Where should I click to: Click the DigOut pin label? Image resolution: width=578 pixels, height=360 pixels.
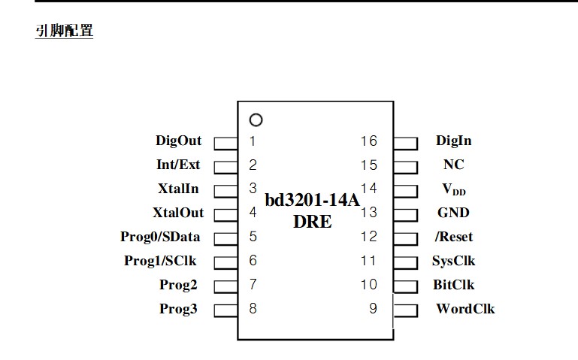(178, 141)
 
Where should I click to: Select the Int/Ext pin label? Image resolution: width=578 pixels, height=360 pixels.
(178, 165)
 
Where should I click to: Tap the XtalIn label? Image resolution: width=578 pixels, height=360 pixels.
(178, 189)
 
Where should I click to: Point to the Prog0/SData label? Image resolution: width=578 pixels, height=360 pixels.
(160, 237)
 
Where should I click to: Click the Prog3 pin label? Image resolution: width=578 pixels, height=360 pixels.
(178, 309)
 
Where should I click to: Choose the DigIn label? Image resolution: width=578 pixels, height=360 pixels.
(453, 141)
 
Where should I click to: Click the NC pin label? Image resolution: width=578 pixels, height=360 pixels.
(454, 165)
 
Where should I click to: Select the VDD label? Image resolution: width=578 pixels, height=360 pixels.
(454, 189)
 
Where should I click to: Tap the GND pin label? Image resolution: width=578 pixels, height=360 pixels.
(453, 213)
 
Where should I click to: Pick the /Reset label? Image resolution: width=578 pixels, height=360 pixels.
(454, 237)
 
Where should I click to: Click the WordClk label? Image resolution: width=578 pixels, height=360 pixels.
(465, 309)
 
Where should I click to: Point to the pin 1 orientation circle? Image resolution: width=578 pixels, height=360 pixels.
(256, 115)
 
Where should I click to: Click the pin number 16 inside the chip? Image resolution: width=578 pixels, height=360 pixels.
(368, 141)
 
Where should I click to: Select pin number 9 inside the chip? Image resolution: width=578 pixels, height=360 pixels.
(373, 308)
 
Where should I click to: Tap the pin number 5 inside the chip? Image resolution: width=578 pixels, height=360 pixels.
(253, 237)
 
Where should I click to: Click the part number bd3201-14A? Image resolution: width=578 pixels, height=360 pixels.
(312, 201)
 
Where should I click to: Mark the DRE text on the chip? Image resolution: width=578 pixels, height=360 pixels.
(313, 222)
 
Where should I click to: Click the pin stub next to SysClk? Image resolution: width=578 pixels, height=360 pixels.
(405, 263)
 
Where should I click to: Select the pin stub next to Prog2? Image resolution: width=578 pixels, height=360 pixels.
(225, 286)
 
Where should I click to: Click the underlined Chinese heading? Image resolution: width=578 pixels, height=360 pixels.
(64, 31)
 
